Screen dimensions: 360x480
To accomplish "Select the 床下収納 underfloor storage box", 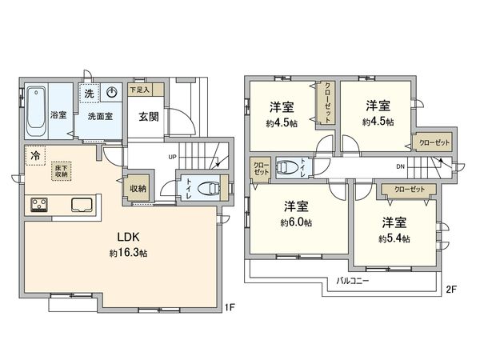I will [x=61, y=170].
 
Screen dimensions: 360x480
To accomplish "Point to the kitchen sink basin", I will [x=82, y=204].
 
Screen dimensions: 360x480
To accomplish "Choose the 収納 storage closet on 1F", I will [x=138, y=189].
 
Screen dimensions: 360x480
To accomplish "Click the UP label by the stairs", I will [x=171, y=157].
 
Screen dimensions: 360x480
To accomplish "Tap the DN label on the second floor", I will [x=400, y=166].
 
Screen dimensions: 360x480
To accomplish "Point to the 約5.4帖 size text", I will [x=395, y=238].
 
